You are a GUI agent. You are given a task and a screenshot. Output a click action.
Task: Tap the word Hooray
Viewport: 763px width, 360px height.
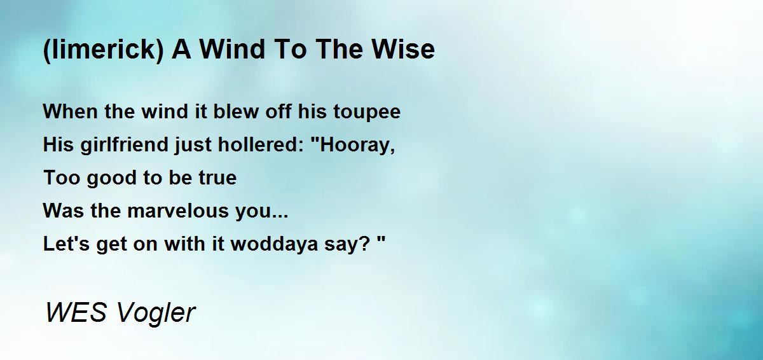coord(357,145)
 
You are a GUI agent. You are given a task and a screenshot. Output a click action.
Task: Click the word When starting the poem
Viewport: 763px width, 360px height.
coord(65,112)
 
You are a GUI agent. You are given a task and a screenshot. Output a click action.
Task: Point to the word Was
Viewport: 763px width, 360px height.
coord(60,211)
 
